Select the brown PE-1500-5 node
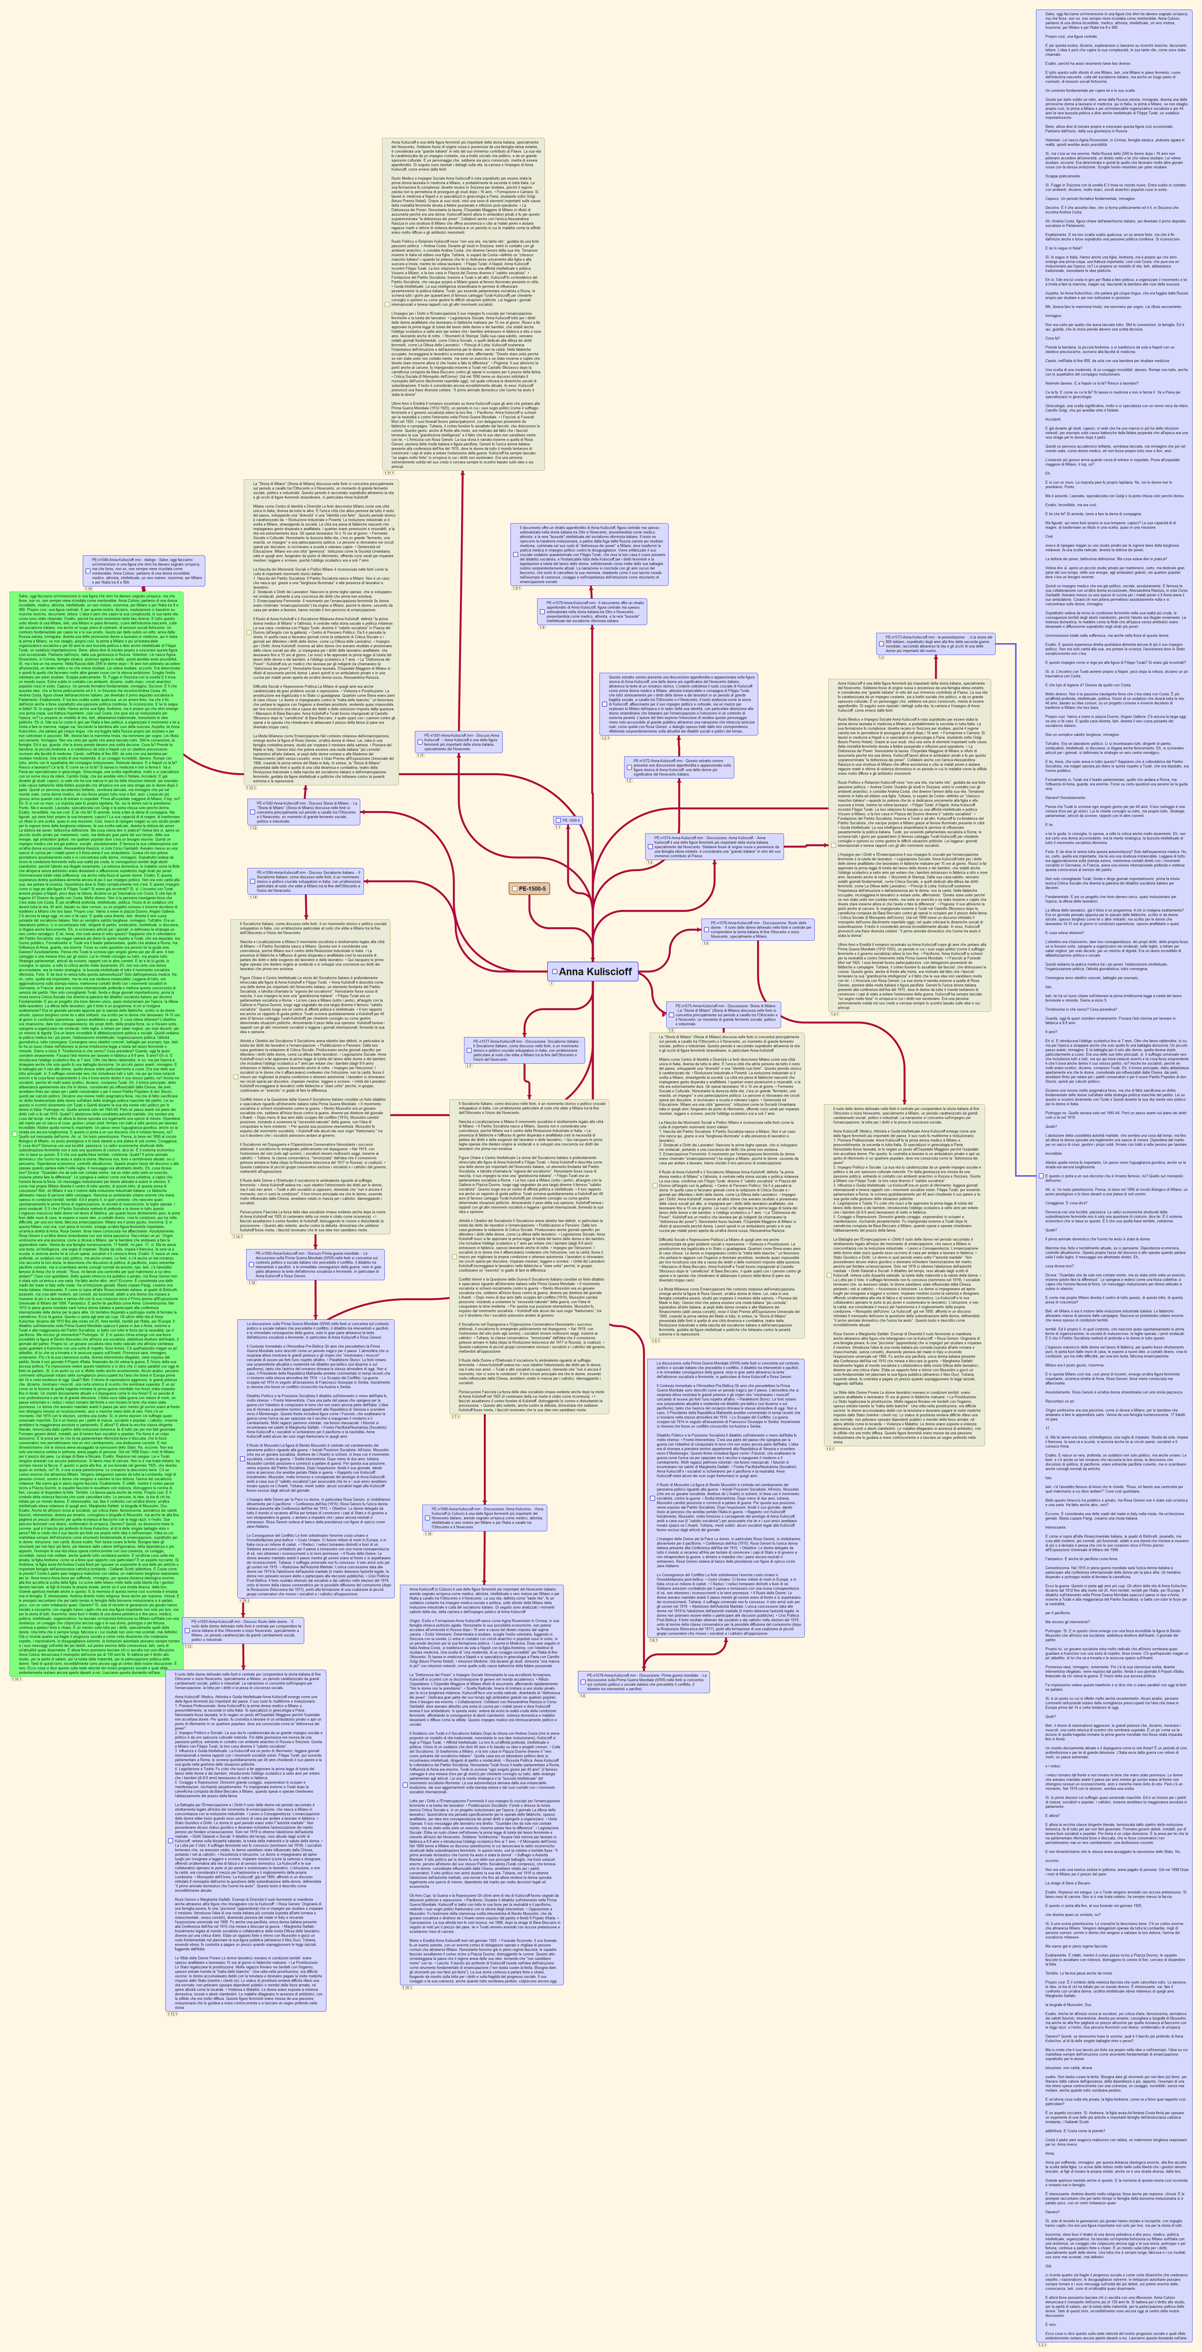[530, 888]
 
